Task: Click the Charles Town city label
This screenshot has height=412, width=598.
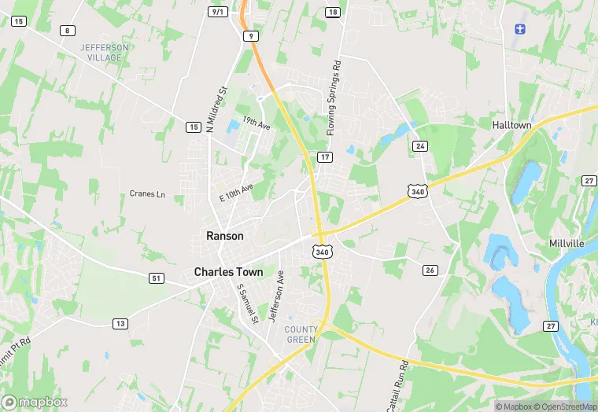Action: click(228, 272)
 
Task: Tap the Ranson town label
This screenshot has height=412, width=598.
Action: click(224, 236)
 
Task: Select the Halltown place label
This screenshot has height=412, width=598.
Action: click(511, 125)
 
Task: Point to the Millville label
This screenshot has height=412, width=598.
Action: click(567, 244)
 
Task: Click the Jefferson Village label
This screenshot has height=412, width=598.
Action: click(104, 53)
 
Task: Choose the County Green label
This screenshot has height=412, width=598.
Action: click(301, 334)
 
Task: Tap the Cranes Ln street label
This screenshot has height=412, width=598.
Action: click(148, 194)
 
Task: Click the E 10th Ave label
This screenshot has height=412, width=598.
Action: click(236, 193)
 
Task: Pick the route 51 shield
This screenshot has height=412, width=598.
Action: click(156, 278)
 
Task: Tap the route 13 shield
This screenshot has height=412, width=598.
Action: click(120, 323)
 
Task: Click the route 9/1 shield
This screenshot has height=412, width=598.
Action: click(217, 12)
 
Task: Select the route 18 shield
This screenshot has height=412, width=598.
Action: click(333, 12)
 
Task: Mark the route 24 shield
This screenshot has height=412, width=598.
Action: click(420, 146)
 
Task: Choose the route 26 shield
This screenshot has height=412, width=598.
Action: click(429, 270)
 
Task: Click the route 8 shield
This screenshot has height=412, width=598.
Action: click(68, 31)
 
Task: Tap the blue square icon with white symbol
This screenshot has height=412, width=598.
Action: click(519, 29)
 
